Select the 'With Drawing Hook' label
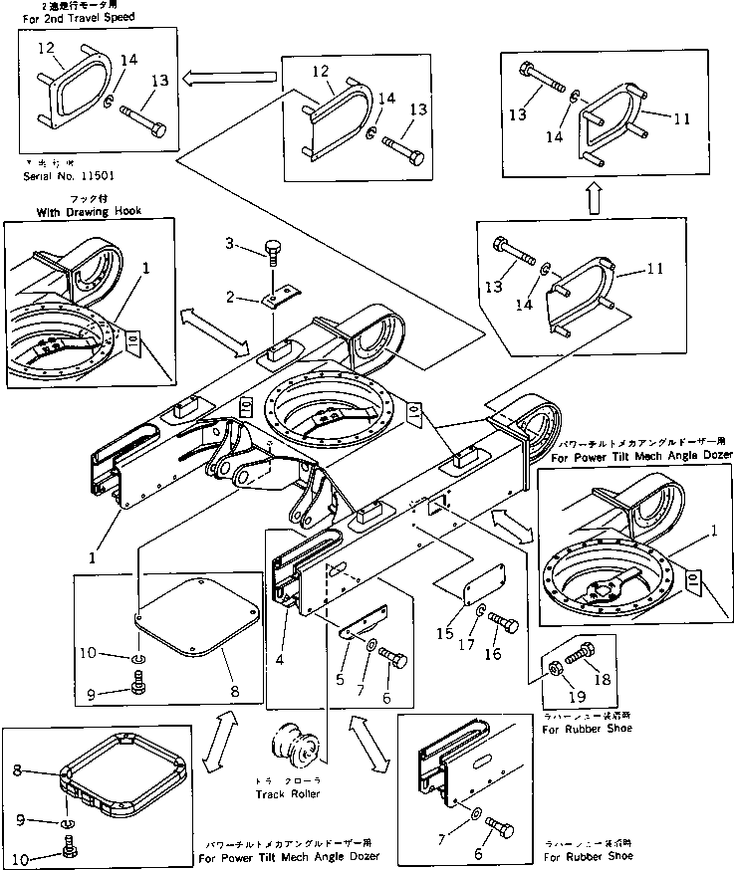point(88,212)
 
